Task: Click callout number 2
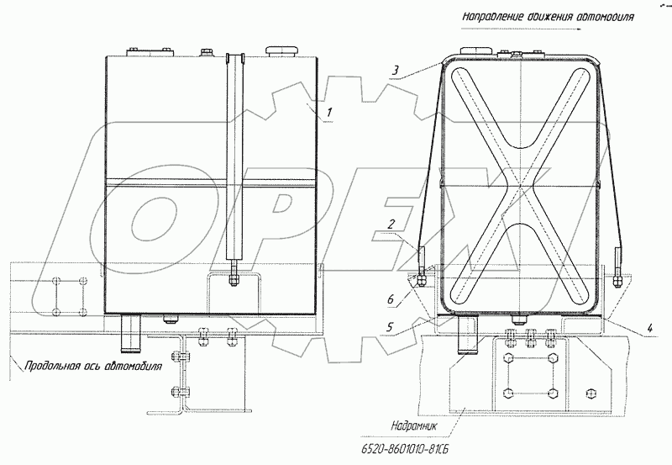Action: pyautogui.click(x=391, y=224)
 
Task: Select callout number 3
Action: pyautogui.click(x=396, y=70)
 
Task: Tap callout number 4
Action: pyautogui.click(x=649, y=329)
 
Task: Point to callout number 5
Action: pyautogui.click(x=389, y=327)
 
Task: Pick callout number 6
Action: pyautogui.click(x=390, y=299)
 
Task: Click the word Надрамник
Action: pyautogui.click(x=413, y=426)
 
